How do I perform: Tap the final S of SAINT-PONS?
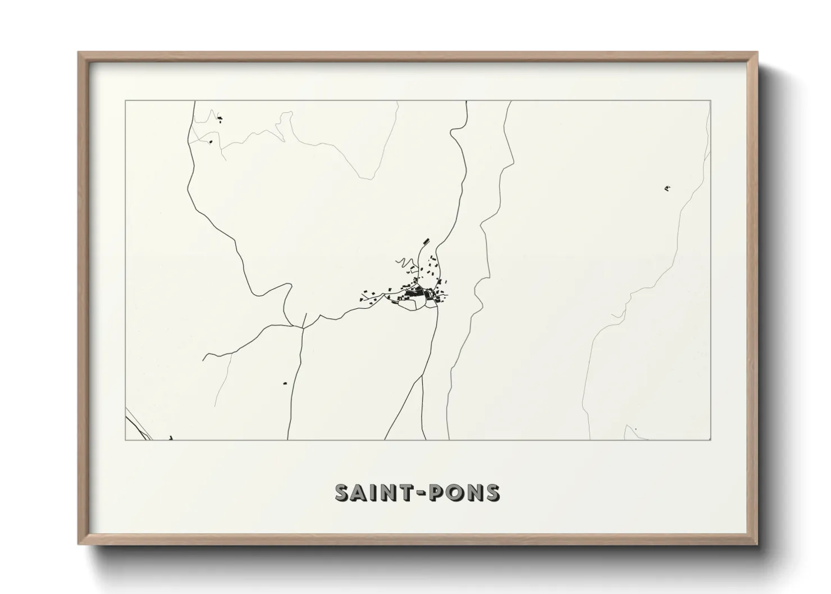[x=491, y=492]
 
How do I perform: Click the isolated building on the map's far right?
[x=667, y=189]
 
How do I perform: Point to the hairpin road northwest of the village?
[x=403, y=262]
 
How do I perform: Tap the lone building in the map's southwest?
[x=285, y=383]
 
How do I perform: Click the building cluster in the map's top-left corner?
[x=220, y=118]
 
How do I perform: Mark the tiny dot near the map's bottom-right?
[x=636, y=429]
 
